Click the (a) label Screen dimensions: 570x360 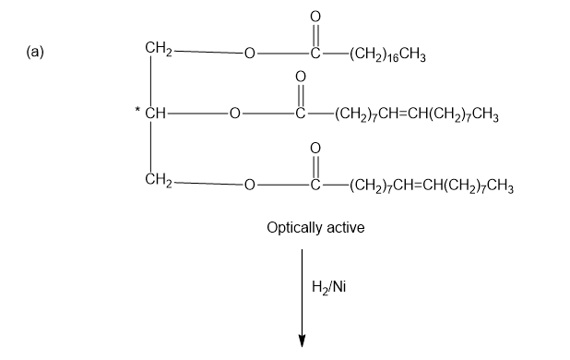click(35, 52)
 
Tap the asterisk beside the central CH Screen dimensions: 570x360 click(137, 109)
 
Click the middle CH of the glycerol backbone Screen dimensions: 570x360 click(155, 114)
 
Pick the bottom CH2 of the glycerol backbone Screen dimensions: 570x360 click(158, 180)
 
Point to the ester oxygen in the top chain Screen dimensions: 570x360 click(249, 54)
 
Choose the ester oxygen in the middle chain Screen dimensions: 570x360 click(235, 114)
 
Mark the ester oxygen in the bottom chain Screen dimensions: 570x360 click(249, 186)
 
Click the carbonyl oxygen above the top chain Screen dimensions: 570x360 click(315, 17)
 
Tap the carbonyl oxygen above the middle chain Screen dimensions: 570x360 click(301, 77)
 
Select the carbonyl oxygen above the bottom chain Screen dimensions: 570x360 click(315, 148)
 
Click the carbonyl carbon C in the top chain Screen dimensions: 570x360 click(315, 54)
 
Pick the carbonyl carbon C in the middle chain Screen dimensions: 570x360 click(301, 114)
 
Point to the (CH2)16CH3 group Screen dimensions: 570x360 click(387, 54)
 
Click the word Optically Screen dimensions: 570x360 click(294, 228)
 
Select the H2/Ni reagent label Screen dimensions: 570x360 click(328, 287)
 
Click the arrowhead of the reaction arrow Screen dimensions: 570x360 click(302, 342)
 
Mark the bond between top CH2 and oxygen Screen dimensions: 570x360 click(208, 52)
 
